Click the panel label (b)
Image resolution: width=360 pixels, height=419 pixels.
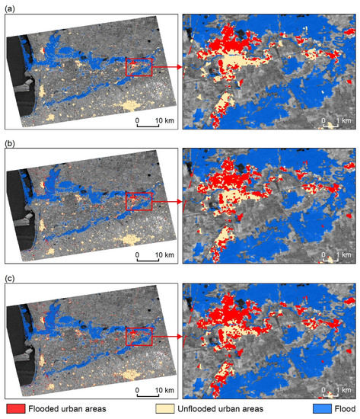pyautogui.click(x=9, y=142)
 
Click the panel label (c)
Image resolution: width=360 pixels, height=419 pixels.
pyautogui.click(x=9, y=276)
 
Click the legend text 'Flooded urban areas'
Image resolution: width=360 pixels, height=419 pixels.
pyautogui.click(x=70, y=409)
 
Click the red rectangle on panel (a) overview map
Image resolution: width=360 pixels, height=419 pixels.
pyautogui.click(x=139, y=67)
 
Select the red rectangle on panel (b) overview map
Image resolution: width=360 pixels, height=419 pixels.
pyautogui.click(x=139, y=202)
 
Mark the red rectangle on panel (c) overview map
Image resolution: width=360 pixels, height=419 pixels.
pyautogui.click(x=139, y=336)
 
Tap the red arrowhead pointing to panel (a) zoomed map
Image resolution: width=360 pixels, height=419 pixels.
pyautogui.click(x=180, y=67)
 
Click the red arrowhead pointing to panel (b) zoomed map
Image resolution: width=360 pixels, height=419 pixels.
pyautogui.click(x=180, y=203)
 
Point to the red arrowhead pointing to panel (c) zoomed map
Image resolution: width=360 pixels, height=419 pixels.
pyautogui.click(x=180, y=336)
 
